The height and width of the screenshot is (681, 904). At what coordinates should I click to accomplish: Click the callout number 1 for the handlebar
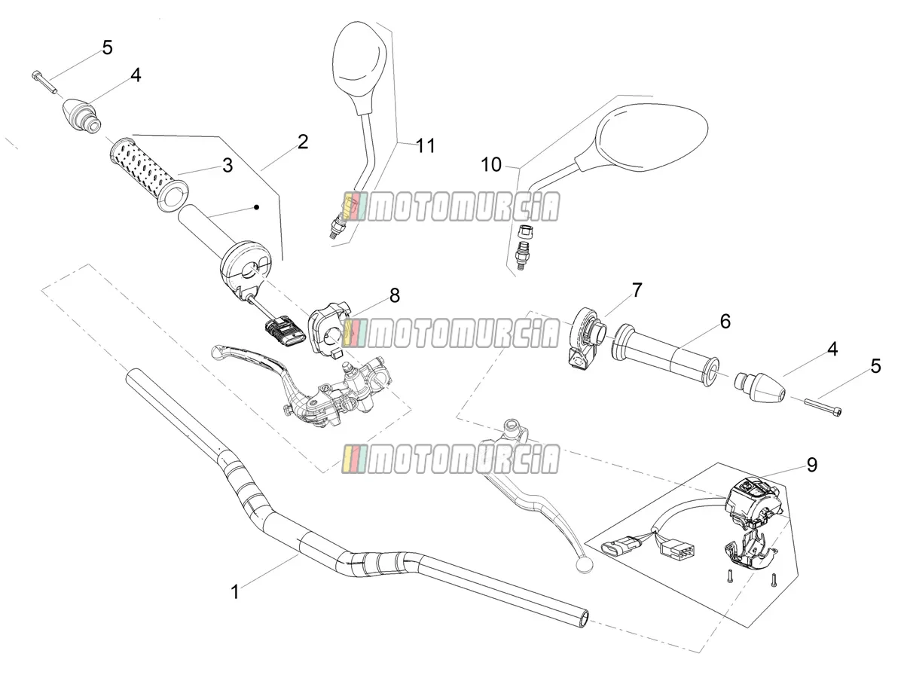click(x=235, y=592)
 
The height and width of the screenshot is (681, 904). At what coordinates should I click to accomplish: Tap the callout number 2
click(x=303, y=142)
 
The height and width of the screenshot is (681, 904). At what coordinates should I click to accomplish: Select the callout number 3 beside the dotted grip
click(x=228, y=165)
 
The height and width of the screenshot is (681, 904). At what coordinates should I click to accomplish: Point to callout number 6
click(x=725, y=321)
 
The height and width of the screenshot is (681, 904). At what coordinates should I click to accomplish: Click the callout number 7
click(x=637, y=290)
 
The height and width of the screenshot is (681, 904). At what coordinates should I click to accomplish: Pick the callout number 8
click(x=395, y=295)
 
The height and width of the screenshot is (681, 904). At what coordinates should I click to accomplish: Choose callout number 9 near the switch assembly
click(x=811, y=465)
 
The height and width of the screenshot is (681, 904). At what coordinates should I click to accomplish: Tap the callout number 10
click(x=491, y=165)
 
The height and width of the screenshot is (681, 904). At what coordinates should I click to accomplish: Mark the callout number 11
click(x=426, y=145)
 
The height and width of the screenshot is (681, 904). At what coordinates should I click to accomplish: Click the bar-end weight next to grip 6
click(x=760, y=387)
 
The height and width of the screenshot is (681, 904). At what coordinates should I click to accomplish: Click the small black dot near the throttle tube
click(x=257, y=207)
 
